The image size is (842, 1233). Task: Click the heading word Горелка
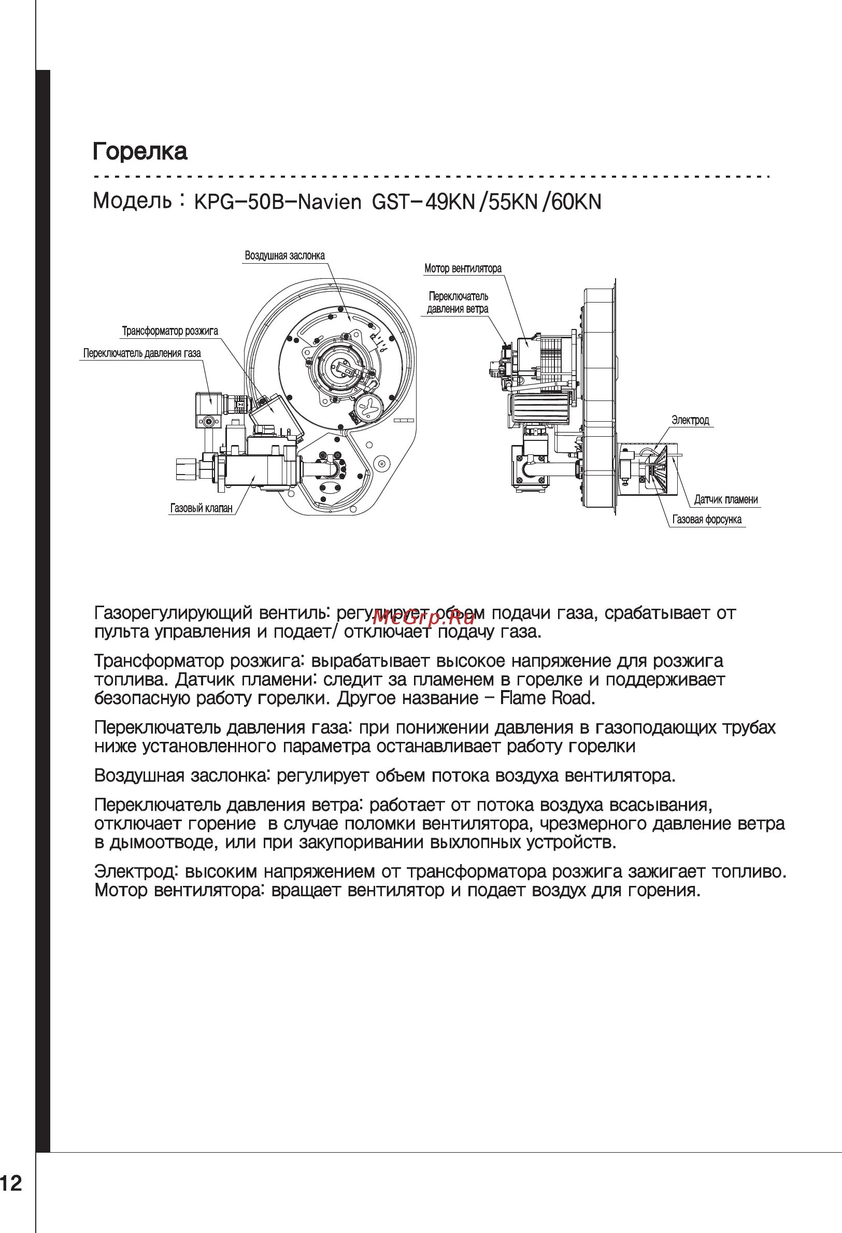point(140,152)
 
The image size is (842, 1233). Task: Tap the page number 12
point(12,1180)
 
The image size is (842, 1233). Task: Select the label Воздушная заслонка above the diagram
point(284,256)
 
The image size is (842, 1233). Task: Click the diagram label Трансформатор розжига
point(170,332)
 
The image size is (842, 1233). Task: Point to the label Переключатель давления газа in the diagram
point(141,353)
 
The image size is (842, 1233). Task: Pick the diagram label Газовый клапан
point(201,508)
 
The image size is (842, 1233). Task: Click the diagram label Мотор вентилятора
point(463,269)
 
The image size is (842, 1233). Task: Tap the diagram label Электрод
point(690,420)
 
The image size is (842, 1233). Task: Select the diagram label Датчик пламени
point(726,499)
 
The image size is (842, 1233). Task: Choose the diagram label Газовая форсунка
point(707,520)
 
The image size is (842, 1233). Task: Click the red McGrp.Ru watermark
point(423,617)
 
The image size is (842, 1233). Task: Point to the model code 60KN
point(576,202)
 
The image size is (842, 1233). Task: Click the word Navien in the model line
point(329,202)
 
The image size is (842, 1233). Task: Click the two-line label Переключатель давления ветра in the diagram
point(458,303)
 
